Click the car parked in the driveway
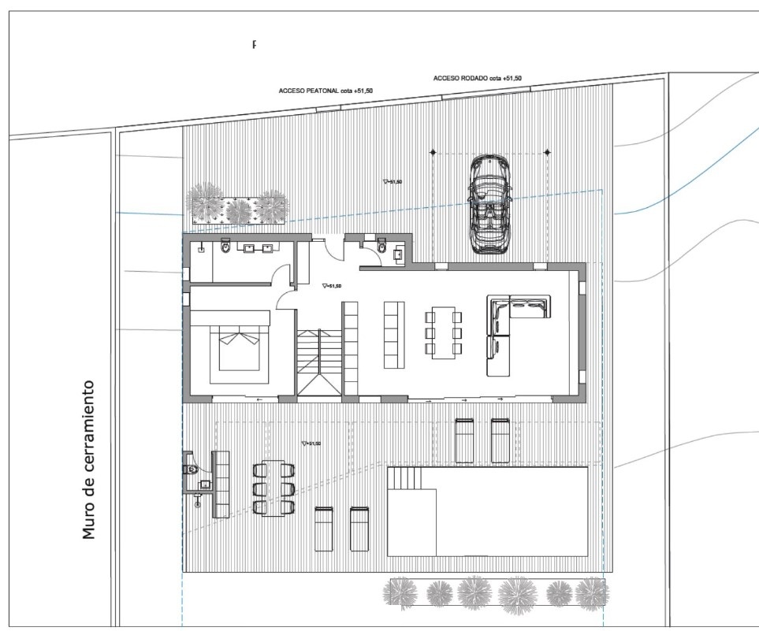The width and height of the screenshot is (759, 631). [489, 203]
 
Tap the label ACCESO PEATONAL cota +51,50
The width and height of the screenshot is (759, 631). [326, 91]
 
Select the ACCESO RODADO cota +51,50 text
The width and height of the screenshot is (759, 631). [477, 79]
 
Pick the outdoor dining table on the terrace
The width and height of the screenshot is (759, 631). [273, 488]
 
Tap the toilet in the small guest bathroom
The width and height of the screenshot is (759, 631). [381, 247]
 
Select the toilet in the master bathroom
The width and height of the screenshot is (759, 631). [226, 248]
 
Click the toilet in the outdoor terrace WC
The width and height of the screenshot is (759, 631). [192, 470]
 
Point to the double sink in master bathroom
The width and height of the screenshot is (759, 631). [259, 249]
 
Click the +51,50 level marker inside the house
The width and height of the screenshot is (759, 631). [332, 287]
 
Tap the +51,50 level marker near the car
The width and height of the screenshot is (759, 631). [392, 181]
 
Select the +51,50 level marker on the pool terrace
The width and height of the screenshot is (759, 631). [311, 444]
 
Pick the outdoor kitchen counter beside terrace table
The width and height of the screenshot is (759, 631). [221, 484]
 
